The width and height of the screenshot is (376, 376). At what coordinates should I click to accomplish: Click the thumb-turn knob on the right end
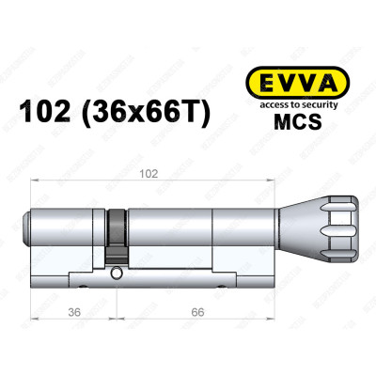tap(323, 223)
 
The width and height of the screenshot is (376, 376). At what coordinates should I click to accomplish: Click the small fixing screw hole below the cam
tap(116, 275)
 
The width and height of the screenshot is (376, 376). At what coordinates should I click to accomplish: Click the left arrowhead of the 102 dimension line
tap(36, 180)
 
